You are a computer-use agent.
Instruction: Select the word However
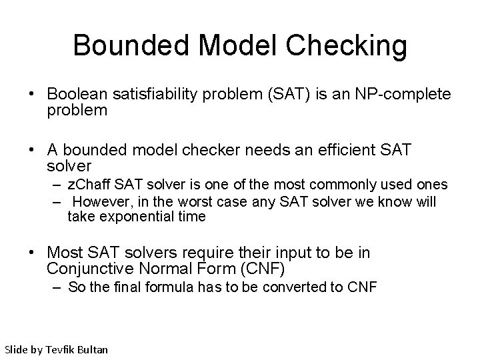[98, 201]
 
